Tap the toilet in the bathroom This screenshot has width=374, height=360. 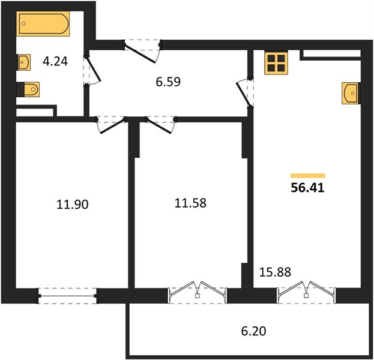point(28,89)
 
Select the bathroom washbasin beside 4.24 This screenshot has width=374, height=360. point(24,62)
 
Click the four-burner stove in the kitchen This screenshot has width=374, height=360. point(276,63)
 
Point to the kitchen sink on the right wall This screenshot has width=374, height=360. point(351,93)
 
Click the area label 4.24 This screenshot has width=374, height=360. point(55,61)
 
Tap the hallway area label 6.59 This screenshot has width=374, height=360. point(168,82)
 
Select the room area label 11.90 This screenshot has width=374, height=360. point(73,205)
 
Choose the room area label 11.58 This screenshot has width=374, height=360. point(190,203)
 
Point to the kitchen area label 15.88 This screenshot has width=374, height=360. point(275,272)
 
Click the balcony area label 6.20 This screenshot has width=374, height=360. point(253,331)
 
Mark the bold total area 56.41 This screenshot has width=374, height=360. point(308,188)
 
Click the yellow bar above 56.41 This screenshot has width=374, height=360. point(308,176)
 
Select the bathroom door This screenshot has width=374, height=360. point(93,70)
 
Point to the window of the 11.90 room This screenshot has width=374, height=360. point(68,296)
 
